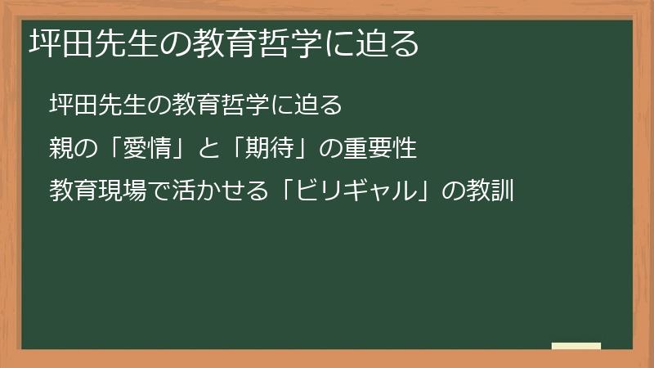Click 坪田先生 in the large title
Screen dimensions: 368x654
(81, 43)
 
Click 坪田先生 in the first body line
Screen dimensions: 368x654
(89, 105)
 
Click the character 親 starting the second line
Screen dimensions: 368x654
(60, 150)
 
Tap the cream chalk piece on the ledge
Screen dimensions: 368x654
(576, 346)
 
